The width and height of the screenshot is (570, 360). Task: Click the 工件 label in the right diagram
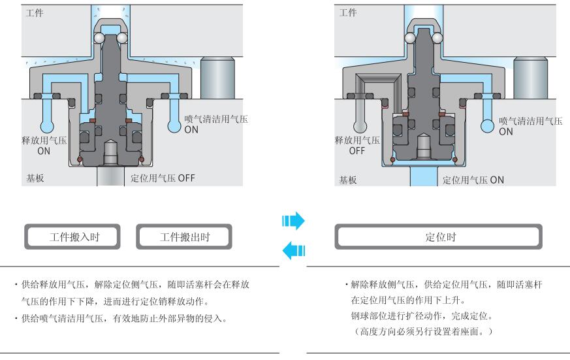point(349,13)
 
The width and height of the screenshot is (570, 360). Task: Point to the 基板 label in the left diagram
point(35,178)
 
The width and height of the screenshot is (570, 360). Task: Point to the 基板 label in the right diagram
point(348,178)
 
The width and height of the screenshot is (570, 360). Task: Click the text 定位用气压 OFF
point(163,178)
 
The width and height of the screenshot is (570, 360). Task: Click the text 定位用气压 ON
point(473,179)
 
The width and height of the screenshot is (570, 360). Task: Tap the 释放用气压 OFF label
point(357,145)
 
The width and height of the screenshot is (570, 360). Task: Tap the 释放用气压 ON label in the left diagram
point(43,145)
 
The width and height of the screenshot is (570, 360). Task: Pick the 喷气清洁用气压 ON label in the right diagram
point(530,125)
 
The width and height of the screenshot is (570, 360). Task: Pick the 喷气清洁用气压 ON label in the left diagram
point(215,124)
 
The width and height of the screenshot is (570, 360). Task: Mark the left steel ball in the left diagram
point(98,39)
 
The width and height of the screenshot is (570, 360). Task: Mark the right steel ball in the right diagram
point(437,39)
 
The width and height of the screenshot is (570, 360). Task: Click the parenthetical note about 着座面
point(428,332)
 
